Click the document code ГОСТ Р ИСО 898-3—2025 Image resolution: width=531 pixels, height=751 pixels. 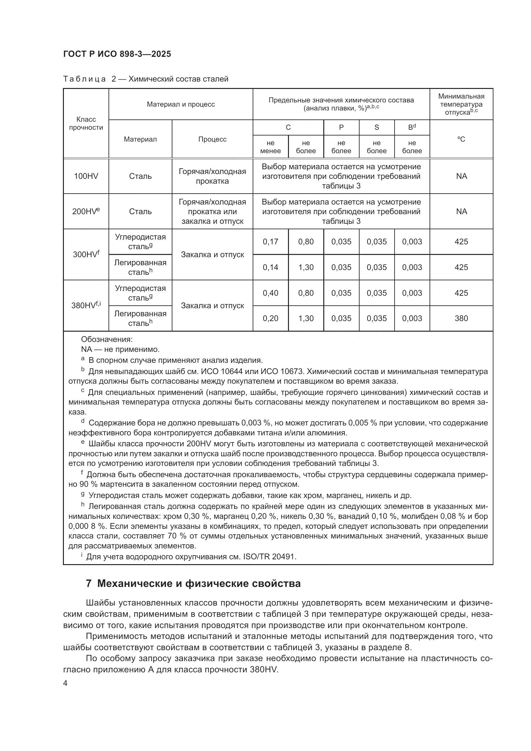coord(117,54)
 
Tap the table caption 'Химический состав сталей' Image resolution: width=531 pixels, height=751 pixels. coord(178,79)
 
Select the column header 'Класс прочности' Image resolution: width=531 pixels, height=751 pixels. coord(86,123)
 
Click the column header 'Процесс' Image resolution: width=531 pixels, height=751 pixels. coord(212,139)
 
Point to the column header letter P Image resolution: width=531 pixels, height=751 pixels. coord(341,127)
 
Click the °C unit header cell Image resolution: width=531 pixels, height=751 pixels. coord(461,139)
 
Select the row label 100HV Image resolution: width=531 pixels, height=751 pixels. coord(86,176)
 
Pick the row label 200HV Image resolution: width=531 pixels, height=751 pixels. coord(85,211)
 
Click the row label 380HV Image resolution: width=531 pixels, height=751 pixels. coord(85,305)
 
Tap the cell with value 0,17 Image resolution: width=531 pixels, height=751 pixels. coord(270,242)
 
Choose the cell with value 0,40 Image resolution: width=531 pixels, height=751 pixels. coord(270,293)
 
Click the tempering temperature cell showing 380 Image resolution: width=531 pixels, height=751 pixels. coord(461,318)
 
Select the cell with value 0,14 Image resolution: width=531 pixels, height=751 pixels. coord(270,267)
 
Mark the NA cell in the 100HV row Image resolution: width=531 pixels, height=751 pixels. coord(461,176)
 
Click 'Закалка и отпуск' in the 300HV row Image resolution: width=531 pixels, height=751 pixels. coord(212,255)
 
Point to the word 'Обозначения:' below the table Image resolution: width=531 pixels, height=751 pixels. coord(107,339)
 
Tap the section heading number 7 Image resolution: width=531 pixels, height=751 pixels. coord(89,583)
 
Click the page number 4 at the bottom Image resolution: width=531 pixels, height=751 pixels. coord(65,683)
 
